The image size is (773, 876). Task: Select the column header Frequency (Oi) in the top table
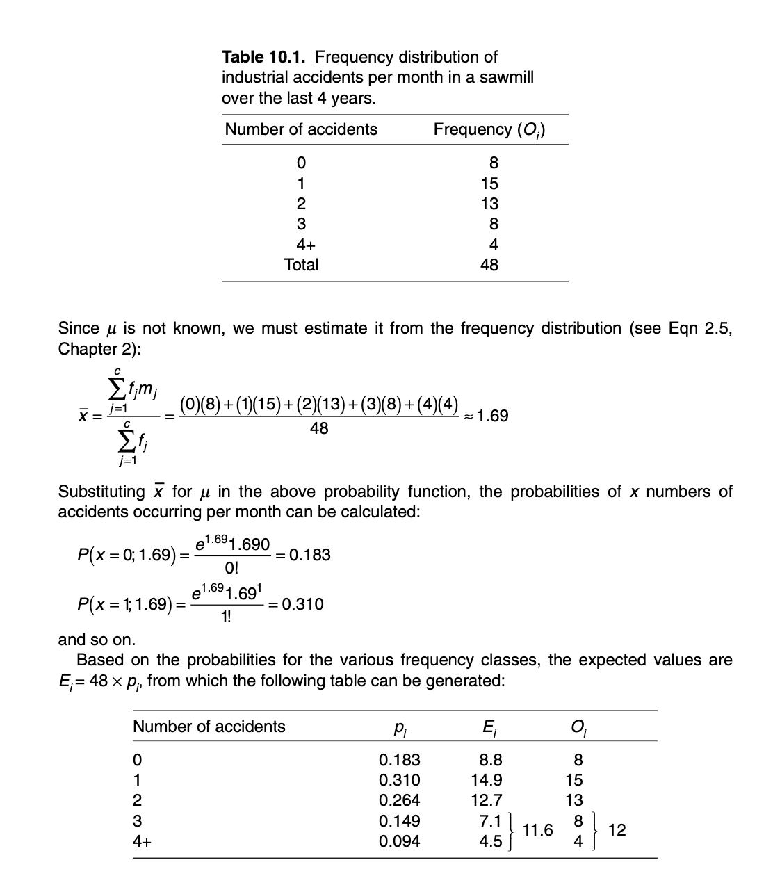pos(489,130)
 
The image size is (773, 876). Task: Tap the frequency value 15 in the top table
pos(489,184)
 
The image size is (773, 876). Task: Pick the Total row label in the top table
pos(301,265)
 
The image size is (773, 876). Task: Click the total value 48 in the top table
pos(489,265)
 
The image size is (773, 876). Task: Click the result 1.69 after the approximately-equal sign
pos(493,416)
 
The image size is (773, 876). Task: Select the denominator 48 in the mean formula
pos(319,429)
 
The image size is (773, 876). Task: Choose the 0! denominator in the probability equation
pos(231,568)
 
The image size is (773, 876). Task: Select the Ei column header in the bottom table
pos(489,727)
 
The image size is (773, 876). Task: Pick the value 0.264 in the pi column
pos(399,800)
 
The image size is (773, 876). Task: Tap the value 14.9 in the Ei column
pos(487,780)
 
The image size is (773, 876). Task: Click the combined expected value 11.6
pos(537,830)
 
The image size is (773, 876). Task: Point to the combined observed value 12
pos(617,830)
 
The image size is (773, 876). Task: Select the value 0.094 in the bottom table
pos(399,841)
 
